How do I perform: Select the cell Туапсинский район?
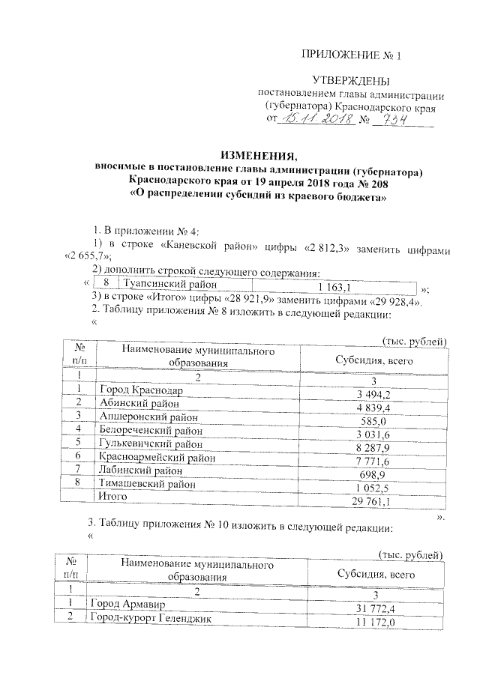tap(170, 285)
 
